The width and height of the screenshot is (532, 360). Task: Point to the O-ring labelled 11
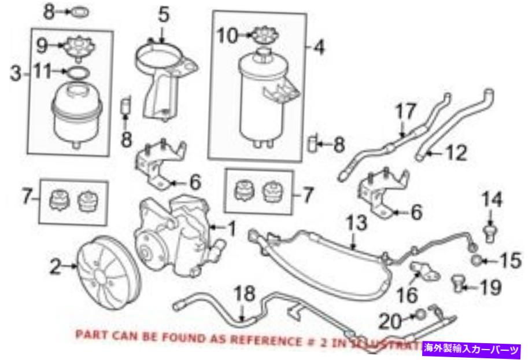click(x=77, y=72)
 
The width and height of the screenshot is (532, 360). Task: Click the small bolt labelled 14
click(x=491, y=233)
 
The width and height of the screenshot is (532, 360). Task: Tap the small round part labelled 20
click(x=420, y=315)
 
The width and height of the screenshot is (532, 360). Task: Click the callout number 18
click(x=245, y=294)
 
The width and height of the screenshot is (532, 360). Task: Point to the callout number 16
click(x=407, y=295)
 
